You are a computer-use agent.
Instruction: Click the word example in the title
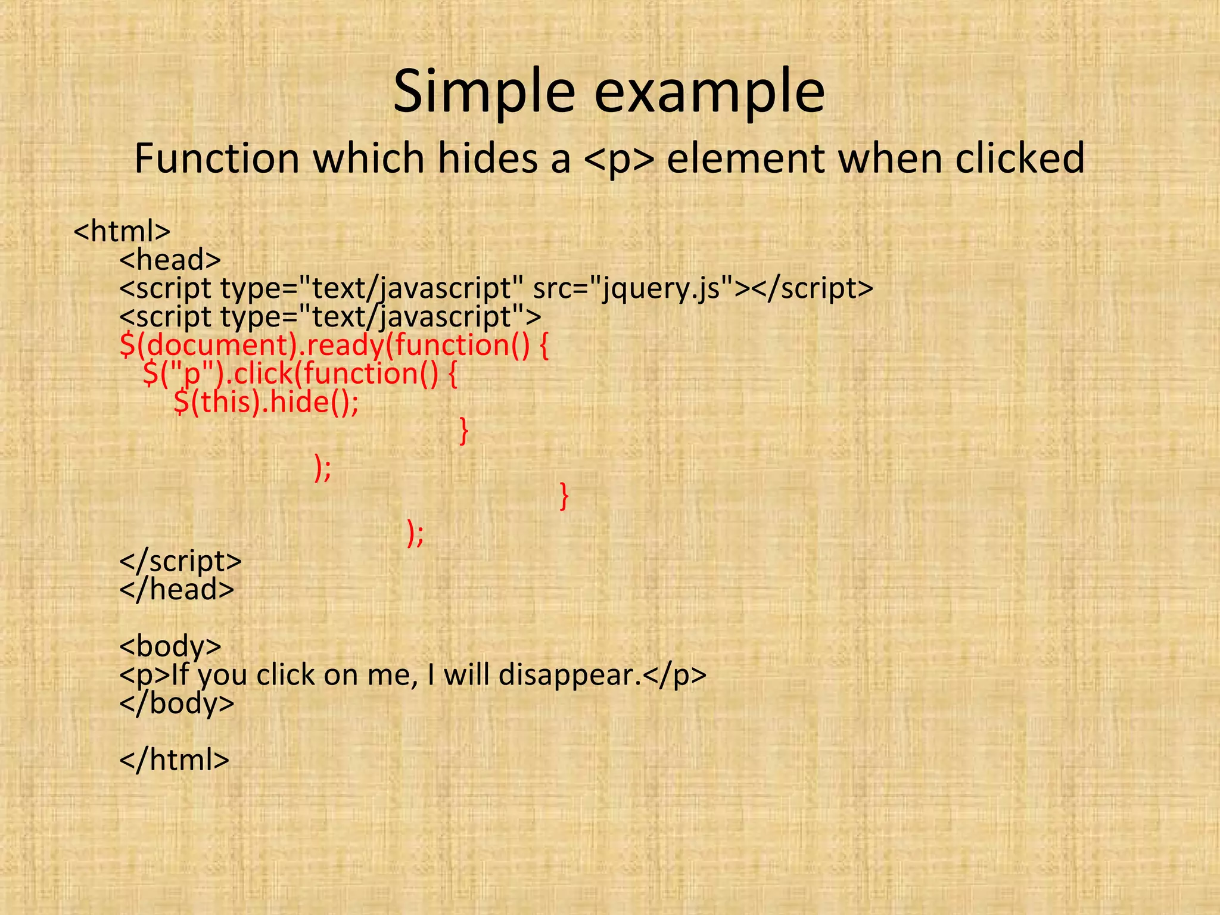[709, 92]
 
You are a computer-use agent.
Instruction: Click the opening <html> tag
[122, 231]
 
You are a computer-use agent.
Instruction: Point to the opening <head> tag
[170, 259]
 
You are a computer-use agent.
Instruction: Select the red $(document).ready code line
[334, 346]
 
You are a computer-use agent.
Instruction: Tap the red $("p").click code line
[300, 374]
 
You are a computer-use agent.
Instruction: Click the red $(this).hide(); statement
[266, 402]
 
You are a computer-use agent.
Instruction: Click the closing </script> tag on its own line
[180, 561]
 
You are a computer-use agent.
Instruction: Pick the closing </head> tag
[177, 589]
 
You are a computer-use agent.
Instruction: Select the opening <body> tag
[170, 646]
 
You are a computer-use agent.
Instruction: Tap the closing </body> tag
[177, 703]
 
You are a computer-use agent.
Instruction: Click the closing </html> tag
[175, 760]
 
